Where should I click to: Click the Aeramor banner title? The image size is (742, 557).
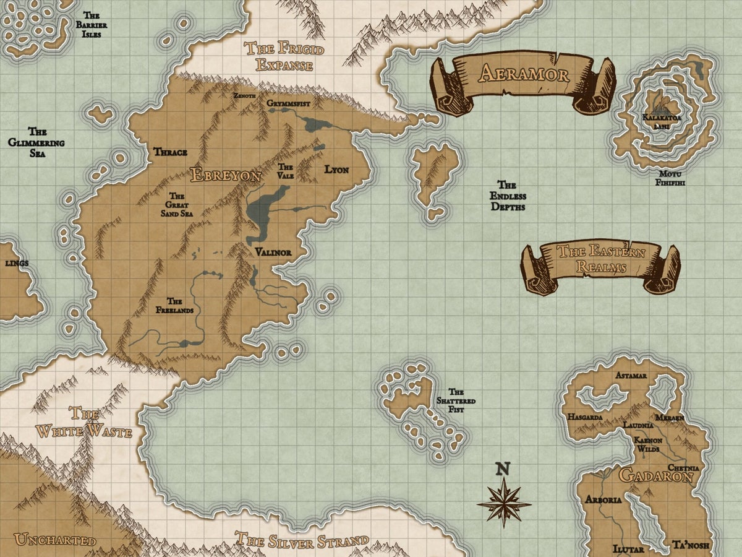(524, 75)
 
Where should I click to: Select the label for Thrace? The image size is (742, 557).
(170, 152)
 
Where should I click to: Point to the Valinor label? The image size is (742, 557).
(273, 253)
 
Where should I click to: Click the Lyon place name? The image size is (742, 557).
(336, 170)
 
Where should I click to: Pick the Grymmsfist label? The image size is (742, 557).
(288, 103)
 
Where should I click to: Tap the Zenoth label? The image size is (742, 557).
(245, 96)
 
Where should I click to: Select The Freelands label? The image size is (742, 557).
(175, 306)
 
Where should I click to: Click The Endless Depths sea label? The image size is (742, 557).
(508, 196)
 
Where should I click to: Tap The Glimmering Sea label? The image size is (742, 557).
(36, 142)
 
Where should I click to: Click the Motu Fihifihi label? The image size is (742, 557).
(673, 178)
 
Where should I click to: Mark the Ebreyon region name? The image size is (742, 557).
(225, 176)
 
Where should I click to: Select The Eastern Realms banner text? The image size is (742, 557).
(601, 260)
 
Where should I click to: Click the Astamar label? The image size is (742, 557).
(631, 376)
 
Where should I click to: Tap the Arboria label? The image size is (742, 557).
(599, 499)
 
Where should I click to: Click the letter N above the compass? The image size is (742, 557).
(503, 470)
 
